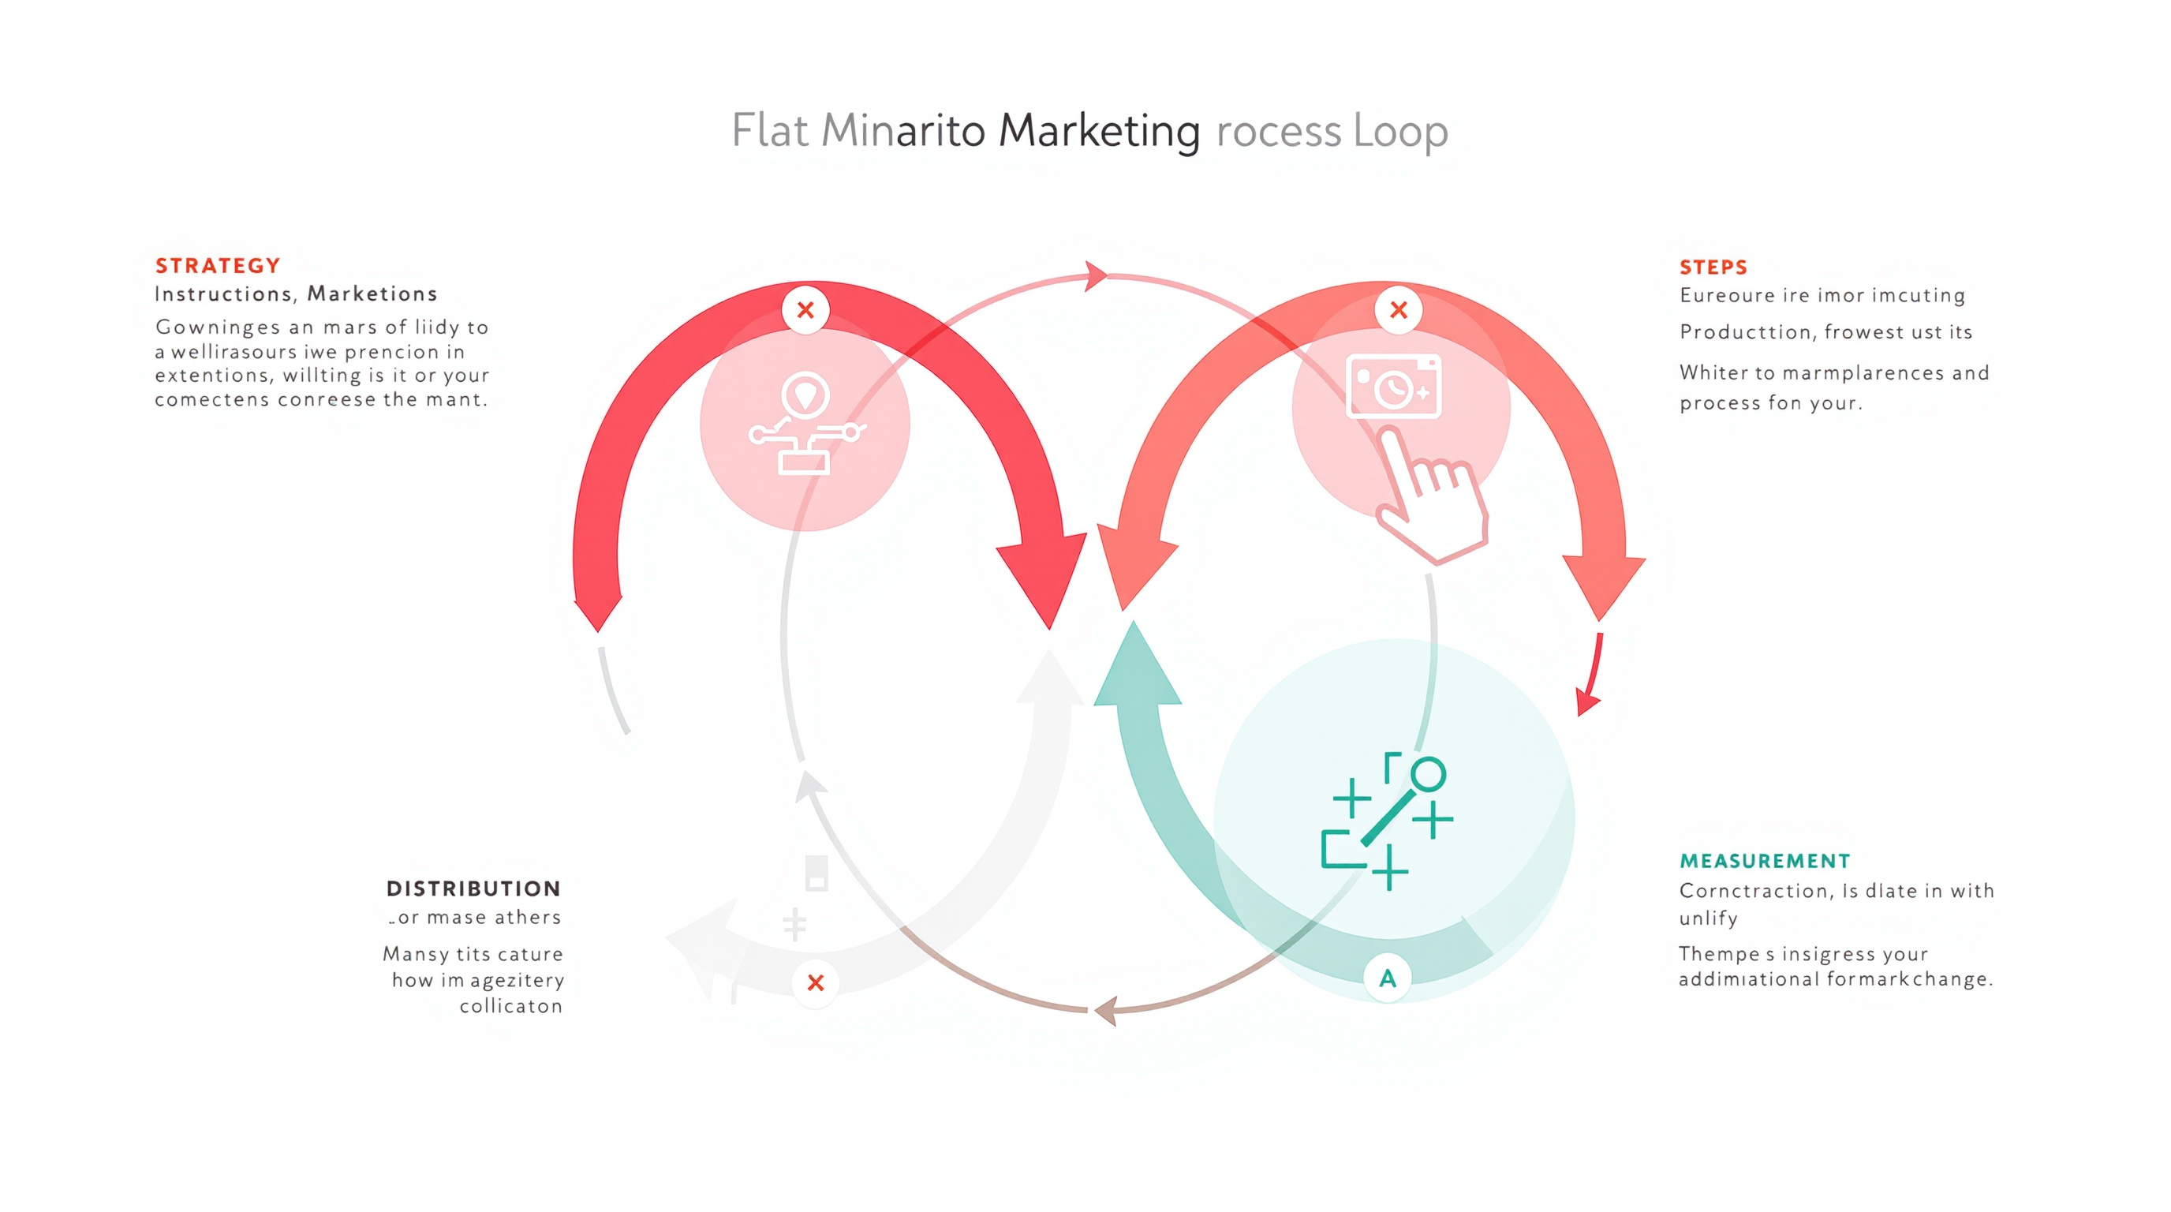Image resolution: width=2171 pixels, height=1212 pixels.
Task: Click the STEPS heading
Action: click(x=1713, y=267)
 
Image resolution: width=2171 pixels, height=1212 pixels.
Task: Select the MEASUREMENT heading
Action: click(x=1765, y=861)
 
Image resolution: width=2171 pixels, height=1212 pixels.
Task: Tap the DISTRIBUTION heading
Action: click(x=473, y=888)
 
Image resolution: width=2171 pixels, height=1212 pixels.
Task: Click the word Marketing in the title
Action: click(x=1099, y=131)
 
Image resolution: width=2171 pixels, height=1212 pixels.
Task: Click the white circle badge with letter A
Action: click(x=1387, y=978)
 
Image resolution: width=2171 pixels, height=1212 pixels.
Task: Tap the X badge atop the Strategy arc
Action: click(x=805, y=309)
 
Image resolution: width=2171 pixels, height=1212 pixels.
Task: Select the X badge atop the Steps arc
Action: click(x=1399, y=309)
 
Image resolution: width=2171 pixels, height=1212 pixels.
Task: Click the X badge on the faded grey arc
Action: click(x=815, y=982)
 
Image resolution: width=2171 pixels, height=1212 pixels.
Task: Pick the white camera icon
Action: click(x=1394, y=387)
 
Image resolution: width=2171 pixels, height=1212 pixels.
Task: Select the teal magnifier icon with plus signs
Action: click(x=1387, y=821)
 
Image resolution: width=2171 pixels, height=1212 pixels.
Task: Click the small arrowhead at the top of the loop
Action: click(x=1096, y=275)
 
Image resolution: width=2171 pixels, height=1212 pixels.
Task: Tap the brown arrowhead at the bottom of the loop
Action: click(x=1106, y=1011)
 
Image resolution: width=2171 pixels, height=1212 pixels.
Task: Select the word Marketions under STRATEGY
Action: click(x=372, y=294)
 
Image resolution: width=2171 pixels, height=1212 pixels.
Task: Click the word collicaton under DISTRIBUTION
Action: click(x=510, y=1006)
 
